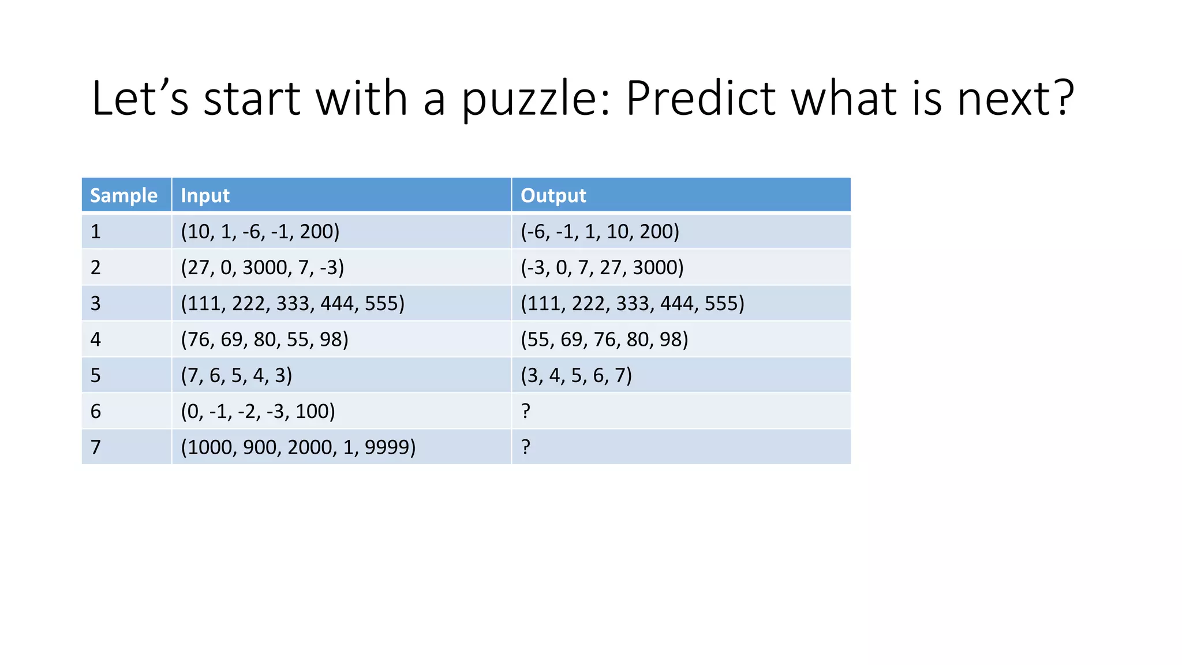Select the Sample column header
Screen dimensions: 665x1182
point(124,196)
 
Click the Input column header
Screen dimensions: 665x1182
point(205,196)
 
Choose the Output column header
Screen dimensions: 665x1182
point(553,196)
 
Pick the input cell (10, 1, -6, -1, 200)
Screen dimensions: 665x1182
point(260,231)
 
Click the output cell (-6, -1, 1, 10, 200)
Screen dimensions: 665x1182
point(600,231)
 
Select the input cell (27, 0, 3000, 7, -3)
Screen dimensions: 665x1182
point(262,267)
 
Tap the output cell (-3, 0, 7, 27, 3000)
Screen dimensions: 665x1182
point(602,267)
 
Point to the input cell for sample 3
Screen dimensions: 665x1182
point(293,304)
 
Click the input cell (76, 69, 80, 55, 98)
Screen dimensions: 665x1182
point(264,339)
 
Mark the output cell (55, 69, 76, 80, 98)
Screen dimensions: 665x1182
point(604,339)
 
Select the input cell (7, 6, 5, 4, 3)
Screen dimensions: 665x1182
point(236,375)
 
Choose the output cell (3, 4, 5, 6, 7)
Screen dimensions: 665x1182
point(576,375)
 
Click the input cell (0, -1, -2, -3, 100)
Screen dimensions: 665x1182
point(257,411)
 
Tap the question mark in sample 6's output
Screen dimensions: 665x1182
point(525,411)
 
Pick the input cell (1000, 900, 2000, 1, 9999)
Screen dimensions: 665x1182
point(298,447)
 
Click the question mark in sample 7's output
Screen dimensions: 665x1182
point(525,447)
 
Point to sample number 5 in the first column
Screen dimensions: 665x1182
point(96,375)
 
